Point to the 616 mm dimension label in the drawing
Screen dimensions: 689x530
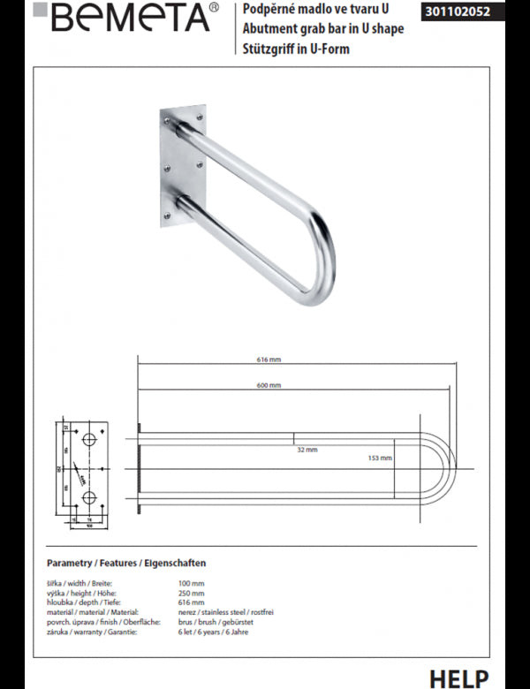click(x=269, y=360)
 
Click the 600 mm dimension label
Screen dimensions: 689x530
click(x=269, y=386)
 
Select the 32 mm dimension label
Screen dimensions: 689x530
click(x=307, y=450)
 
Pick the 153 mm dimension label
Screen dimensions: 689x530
click(x=380, y=458)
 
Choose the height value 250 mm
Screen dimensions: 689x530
click(x=191, y=594)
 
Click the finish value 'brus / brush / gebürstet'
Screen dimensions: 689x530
click(x=216, y=622)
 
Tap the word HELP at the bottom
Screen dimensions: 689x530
click(x=458, y=678)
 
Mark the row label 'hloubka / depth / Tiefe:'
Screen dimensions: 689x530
click(x=80, y=603)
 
